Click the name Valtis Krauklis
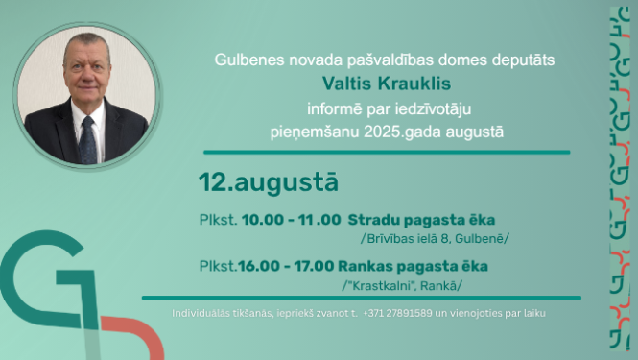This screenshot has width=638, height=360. [385, 84]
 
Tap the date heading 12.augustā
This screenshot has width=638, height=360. [255, 180]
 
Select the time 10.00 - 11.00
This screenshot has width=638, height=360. [291, 220]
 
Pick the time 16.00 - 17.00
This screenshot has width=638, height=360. [285, 266]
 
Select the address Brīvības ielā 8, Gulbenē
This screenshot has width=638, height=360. [434, 238]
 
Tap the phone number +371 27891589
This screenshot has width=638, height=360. [397, 313]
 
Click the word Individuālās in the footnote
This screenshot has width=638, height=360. [204, 313]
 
